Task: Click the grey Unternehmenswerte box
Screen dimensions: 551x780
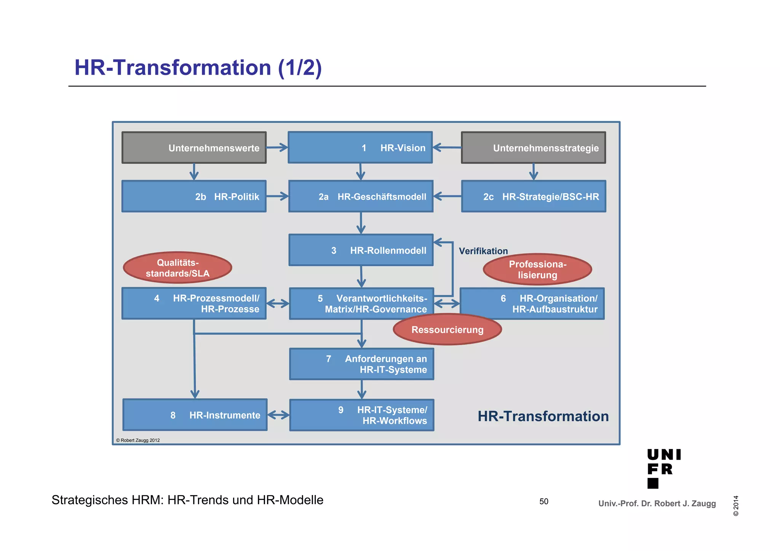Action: point(194,148)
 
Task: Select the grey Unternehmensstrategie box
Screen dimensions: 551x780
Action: point(533,148)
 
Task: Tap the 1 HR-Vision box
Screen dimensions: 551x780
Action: point(360,148)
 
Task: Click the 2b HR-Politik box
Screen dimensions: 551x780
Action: point(194,196)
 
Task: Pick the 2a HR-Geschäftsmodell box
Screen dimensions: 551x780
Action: point(361,196)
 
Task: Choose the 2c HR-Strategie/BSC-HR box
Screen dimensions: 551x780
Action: point(533,196)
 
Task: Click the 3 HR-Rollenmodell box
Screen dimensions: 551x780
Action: point(361,250)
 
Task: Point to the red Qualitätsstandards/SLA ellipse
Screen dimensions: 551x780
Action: point(177,268)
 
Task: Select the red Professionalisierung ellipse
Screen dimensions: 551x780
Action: point(537,269)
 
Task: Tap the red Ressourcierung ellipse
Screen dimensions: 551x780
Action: point(447,330)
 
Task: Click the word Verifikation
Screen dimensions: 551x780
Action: point(483,251)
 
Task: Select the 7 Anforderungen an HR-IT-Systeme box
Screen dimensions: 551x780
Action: point(361,364)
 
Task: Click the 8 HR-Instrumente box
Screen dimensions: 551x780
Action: point(195,415)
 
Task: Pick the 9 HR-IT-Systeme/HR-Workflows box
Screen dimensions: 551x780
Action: point(361,415)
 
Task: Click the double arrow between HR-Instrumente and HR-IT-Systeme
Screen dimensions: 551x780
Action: point(278,415)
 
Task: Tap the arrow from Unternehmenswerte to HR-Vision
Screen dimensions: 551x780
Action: point(277,147)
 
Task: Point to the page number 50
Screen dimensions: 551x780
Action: point(543,501)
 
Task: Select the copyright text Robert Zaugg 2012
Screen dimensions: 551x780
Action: point(138,440)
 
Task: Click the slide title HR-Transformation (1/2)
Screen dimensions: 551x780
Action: point(198,67)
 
